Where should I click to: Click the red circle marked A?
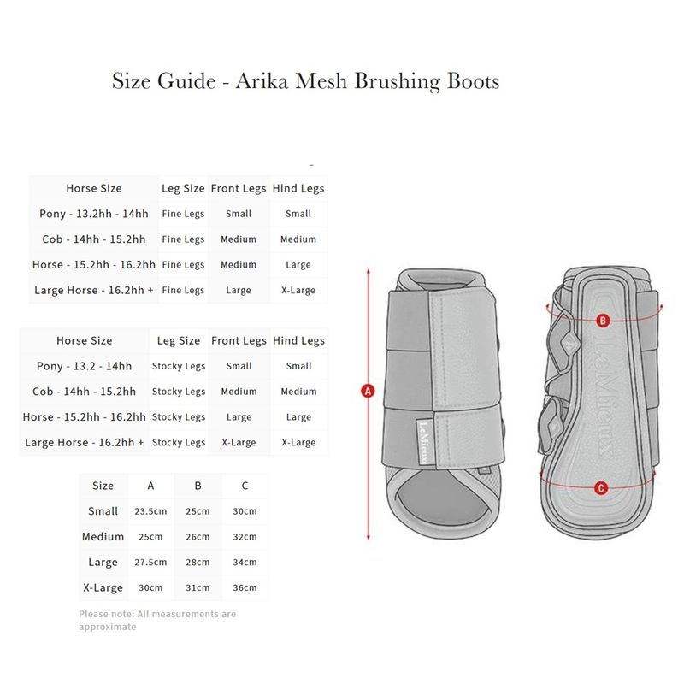(369, 391)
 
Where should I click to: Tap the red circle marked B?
(602, 321)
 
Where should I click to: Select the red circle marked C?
(601, 488)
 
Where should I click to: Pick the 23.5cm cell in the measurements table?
(151, 511)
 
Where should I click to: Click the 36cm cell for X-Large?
(245, 588)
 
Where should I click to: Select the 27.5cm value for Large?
(151, 563)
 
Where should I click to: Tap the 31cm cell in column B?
(198, 588)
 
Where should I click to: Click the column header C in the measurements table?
(245, 486)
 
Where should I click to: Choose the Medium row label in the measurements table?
(103, 537)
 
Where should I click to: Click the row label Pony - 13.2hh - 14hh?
(94, 214)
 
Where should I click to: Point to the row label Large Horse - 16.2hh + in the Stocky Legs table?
(85, 443)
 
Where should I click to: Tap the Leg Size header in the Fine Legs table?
(183, 188)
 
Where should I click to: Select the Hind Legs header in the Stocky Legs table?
(298, 340)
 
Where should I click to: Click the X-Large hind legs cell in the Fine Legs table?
(298, 291)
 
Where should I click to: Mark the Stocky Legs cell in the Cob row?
(179, 392)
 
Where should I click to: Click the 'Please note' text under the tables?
(157, 620)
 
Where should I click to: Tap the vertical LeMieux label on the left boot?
(422, 440)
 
